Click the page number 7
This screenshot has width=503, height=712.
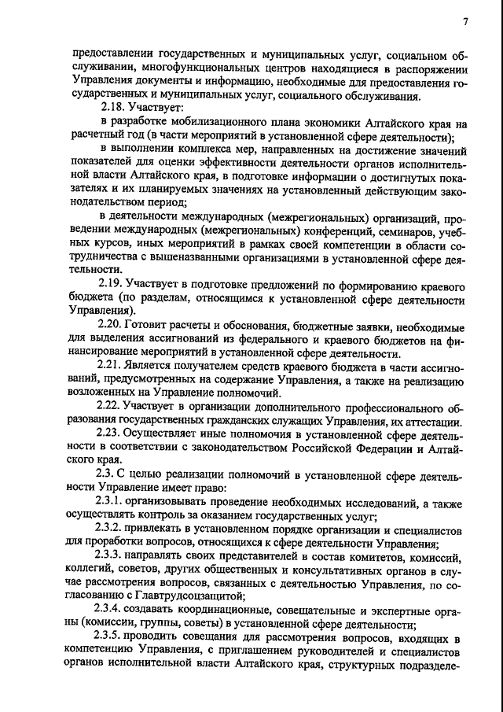click(465, 21)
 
